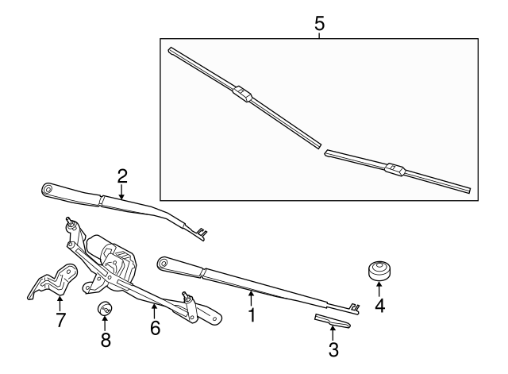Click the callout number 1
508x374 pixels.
tap(252, 315)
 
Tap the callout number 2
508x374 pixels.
tap(121, 175)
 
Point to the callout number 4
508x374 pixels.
tap(379, 305)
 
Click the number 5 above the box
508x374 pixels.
tap(319, 24)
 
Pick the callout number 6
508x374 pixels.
tap(156, 326)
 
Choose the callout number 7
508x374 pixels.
tap(60, 321)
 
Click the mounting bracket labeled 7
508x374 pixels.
tap(51, 281)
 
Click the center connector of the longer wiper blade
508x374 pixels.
tap(242, 94)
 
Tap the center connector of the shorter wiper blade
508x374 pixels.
tap(394, 168)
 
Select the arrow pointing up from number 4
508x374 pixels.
tap(379, 289)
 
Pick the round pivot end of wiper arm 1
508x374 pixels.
tap(165, 262)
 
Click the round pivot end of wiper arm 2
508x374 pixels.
tap(48, 189)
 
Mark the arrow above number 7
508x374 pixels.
tap(60, 303)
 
